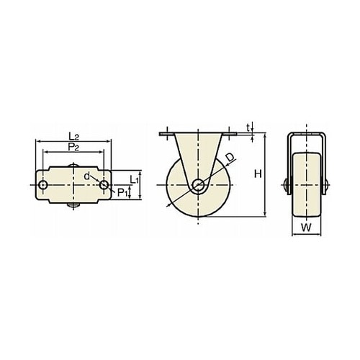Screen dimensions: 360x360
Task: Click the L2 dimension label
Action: coord(73,137)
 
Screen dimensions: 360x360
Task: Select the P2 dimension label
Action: coord(73,147)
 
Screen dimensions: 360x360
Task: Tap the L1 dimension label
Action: coord(135,179)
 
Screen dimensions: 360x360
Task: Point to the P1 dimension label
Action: coord(122,192)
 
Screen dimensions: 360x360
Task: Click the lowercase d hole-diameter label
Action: coord(86,176)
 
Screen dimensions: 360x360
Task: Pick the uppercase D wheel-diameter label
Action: coord(230,158)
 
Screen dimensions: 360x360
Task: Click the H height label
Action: coord(258,174)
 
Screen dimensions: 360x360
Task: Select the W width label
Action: coord(306,228)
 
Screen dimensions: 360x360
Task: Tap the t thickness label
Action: coord(248,128)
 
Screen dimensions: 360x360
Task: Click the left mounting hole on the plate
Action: coord(43,185)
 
